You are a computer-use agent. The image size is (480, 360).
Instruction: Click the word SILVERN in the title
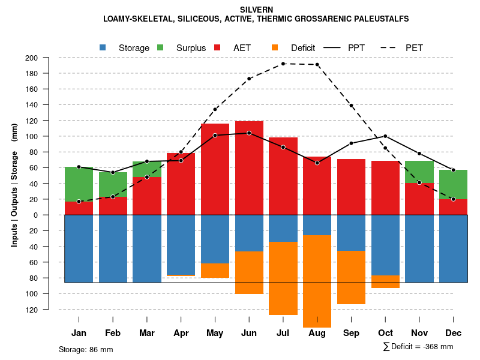pos(256,10)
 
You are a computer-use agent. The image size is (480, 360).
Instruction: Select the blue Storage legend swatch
pos(103,48)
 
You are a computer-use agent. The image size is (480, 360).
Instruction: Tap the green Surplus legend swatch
pos(160,48)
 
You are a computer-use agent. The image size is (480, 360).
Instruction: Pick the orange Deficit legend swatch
pos(275,48)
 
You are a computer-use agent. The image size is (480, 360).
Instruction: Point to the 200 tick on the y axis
pos(48,58)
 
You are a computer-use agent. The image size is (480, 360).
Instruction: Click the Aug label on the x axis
pos(317,333)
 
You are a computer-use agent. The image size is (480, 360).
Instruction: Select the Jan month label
pos(79,333)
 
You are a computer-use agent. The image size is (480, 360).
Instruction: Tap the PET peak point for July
pos(283,64)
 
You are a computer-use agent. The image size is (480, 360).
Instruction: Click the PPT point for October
pos(385,136)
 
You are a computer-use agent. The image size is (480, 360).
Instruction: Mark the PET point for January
pos(79,202)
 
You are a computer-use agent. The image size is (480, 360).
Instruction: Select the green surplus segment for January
pos(79,184)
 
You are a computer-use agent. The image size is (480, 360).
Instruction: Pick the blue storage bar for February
pos(113,248)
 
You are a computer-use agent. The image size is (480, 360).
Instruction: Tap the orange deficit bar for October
pos(385,281)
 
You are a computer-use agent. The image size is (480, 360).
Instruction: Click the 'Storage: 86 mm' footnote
pos(86,349)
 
